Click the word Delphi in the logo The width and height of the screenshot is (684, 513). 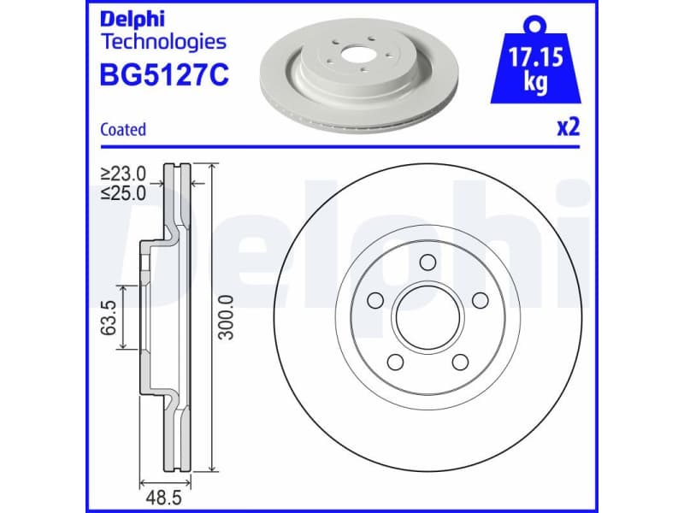coord(130,18)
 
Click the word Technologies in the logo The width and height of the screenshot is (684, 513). coord(163,41)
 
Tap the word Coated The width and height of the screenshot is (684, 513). coord(123,130)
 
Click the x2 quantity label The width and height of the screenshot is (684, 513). coord(569,128)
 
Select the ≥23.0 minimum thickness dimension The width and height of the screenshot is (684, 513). coord(123,174)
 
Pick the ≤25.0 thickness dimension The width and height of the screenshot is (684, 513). coord(123,193)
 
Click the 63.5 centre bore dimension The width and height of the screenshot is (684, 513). coord(109,317)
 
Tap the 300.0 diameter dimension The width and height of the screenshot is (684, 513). coord(227,317)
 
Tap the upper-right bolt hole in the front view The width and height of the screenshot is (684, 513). coord(480,299)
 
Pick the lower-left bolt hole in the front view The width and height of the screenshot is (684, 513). coord(395,362)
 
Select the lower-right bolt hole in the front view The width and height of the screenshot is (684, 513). coord(460,362)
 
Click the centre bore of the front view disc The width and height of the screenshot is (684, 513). coord(427,317)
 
